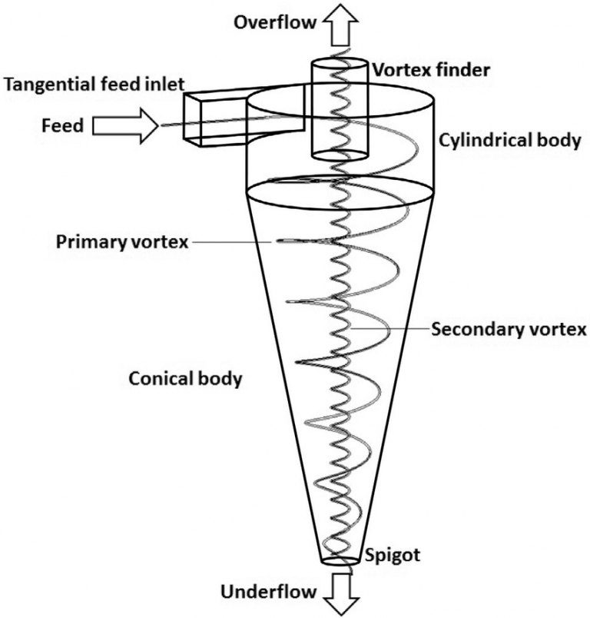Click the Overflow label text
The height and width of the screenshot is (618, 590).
[275, 22]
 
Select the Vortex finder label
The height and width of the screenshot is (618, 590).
[430, 70]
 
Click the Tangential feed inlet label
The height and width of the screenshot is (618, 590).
[93, 83]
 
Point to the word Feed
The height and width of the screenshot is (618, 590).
[63, 125]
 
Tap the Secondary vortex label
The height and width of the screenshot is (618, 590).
[509, 330]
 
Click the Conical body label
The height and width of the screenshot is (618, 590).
[185, 378]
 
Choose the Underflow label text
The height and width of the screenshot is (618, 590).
[268, 591]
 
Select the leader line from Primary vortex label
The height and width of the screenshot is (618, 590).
[230, 242]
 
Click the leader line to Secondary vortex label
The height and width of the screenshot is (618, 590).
[388, 329]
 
